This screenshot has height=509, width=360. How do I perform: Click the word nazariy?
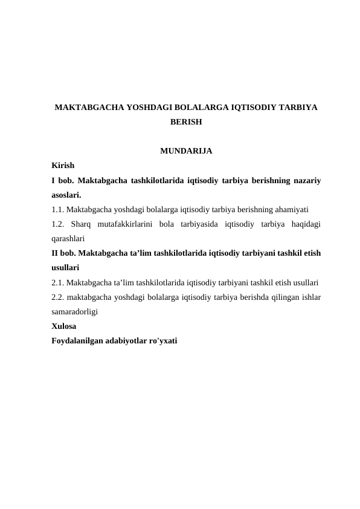[x=306, y=180]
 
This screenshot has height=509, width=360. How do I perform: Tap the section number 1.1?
[x=58, y=210]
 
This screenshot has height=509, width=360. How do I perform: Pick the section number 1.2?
[x=59, y=224]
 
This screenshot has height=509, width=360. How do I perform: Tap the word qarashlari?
[x=68, y=239]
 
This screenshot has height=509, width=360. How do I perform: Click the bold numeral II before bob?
[x=56, y=253]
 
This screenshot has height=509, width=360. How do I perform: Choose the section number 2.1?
[x=58, y=282]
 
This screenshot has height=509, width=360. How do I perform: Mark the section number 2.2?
[x=58, y=297]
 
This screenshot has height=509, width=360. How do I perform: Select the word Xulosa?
[x=65, y=326]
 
